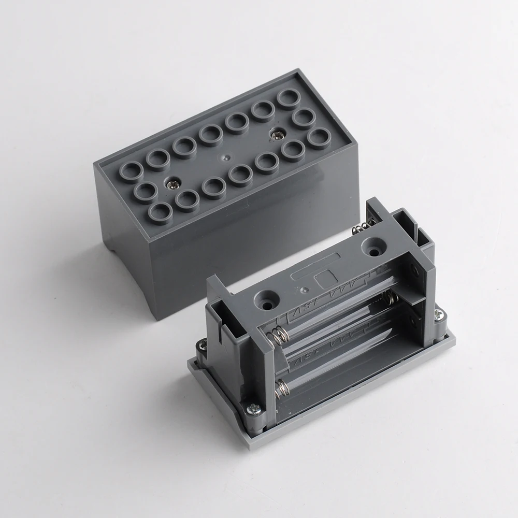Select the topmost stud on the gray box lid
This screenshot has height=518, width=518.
coord(289,97)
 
